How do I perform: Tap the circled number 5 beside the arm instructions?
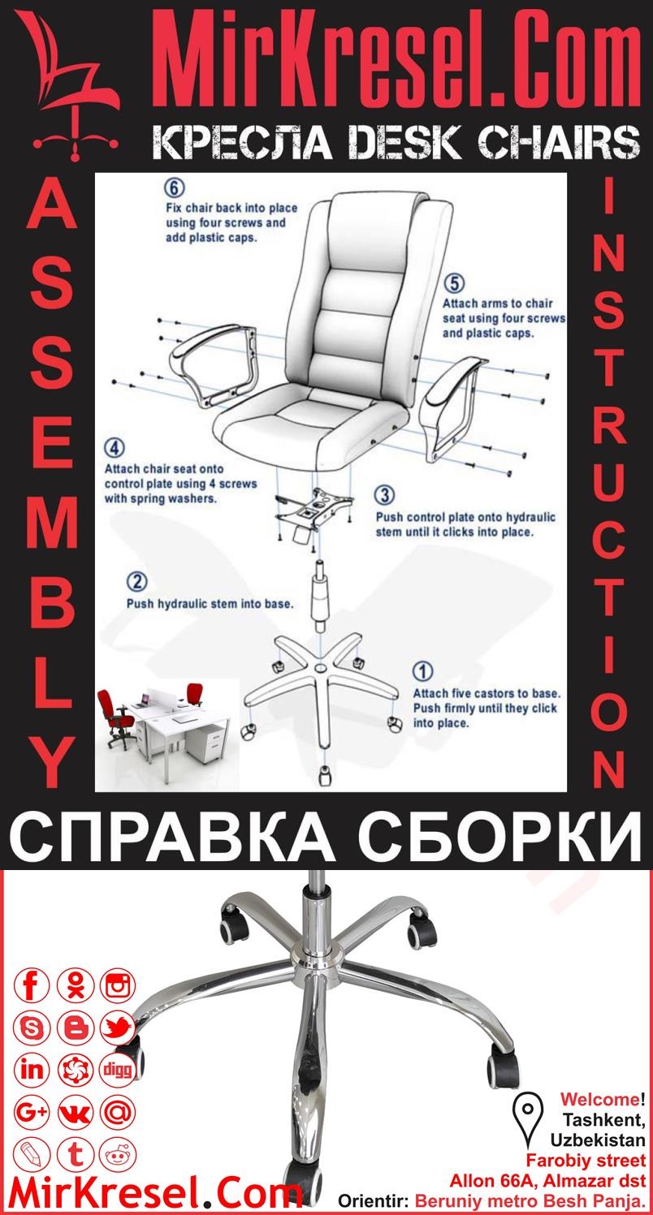[455, 283]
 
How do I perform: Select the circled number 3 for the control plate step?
[386, 495]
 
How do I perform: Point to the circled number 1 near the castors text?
[423, 672]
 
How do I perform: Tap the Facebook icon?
[32, 986]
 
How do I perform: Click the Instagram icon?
[119, 986]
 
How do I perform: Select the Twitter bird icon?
[119, 1028]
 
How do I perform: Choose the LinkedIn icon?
[32, 1070]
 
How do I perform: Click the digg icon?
[119, 1070]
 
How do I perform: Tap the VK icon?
[76, 1112]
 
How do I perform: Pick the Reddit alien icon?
[119, 1153]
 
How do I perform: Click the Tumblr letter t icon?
[76, 1153]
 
